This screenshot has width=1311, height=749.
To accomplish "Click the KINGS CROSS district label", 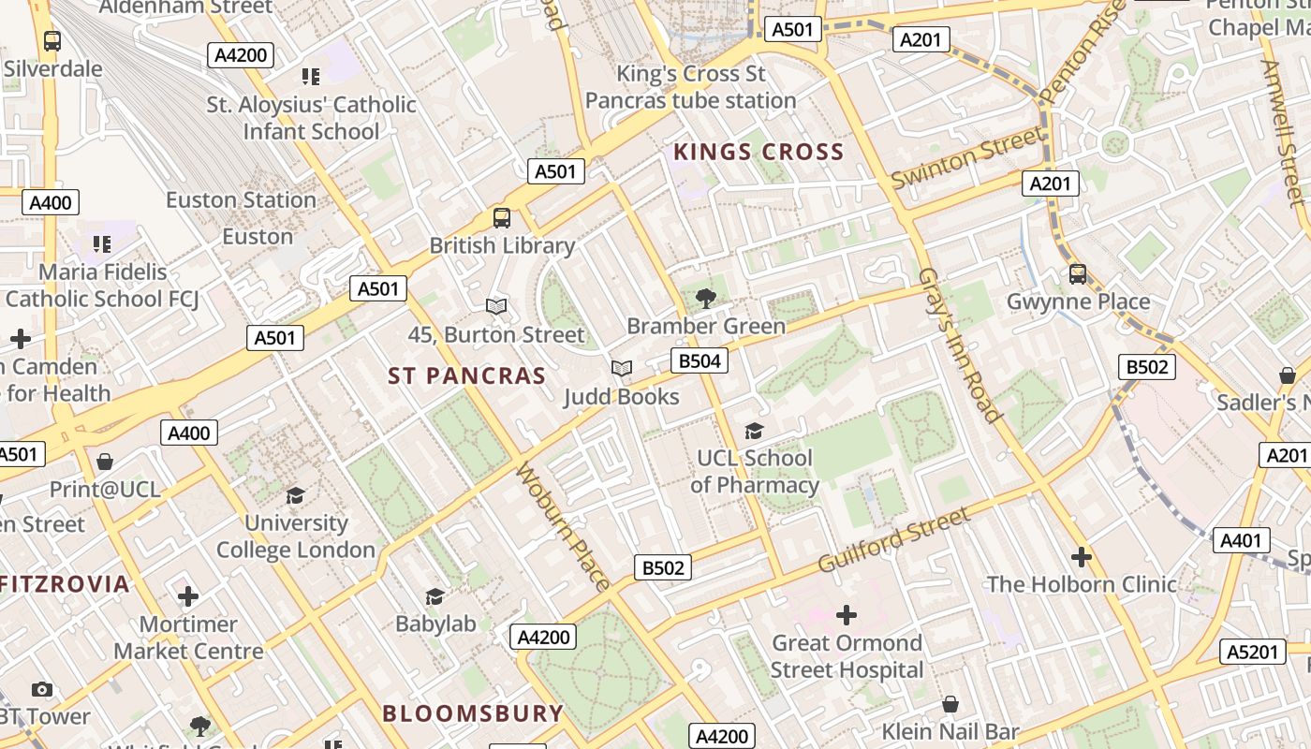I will pyautogui.click(x=759, y=152).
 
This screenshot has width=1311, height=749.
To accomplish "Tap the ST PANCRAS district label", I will pyautogui.click(x=466, y=376).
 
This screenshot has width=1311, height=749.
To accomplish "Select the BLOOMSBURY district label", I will pyautogui.click(x=473, y=713).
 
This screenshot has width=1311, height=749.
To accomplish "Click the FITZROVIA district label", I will pyautogui.click(x=64, y=584).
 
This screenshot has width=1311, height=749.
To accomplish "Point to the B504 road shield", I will pyautogui.click(x=700, y=360).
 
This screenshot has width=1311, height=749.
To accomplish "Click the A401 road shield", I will pyautogui.click(x=1242, y=540).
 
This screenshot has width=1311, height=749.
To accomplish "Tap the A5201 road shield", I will pyautogui.click(x=1252, y=652).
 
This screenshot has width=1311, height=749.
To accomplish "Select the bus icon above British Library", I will pyautogui.click(x=502, y=218).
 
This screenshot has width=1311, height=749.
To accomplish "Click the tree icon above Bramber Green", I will pyautogui.click(x=706, y=299).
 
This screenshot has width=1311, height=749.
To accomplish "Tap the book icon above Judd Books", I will pyautogui.click(x=622, y=369).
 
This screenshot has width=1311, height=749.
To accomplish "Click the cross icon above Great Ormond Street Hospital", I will pyautogui.click(x=847, y=615).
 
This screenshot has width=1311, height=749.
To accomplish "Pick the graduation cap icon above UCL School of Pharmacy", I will pyautogui.click(x=754, y=431).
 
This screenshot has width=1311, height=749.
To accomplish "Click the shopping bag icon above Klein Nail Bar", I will pyautogui.click(x=950, y=704).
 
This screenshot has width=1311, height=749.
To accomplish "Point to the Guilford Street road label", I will pyautogui.click(x=894, y=540).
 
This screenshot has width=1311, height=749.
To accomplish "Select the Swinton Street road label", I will pyautogui.click(x=966, y=157).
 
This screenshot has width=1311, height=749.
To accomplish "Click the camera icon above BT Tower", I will pyautogui.click(x=41, y=690).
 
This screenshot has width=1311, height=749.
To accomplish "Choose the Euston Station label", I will pyautogui.click(x=241, y=200).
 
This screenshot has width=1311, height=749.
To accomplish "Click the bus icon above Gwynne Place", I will pyautogui.click(x=1078, y=274).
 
